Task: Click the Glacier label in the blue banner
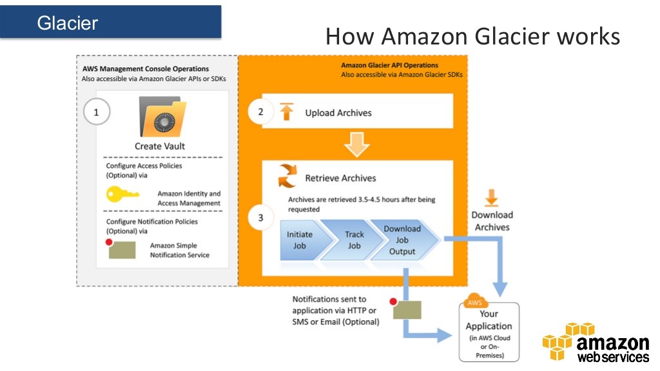point(67,23)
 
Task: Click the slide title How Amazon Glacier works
point(472,36)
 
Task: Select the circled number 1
point(97,112)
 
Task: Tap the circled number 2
point(260,112)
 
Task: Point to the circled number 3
point(260,218)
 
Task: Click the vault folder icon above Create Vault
point(160,117)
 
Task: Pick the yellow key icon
point(122,195)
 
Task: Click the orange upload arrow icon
point(287,112)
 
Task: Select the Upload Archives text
point(338,113)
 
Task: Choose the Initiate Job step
point(302,240)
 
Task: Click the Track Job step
point(354,240)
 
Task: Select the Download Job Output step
point(403,240)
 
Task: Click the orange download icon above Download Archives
point(492,198)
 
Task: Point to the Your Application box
point(489,331)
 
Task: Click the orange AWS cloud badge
point(475,301)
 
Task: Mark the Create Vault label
point(160,146)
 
